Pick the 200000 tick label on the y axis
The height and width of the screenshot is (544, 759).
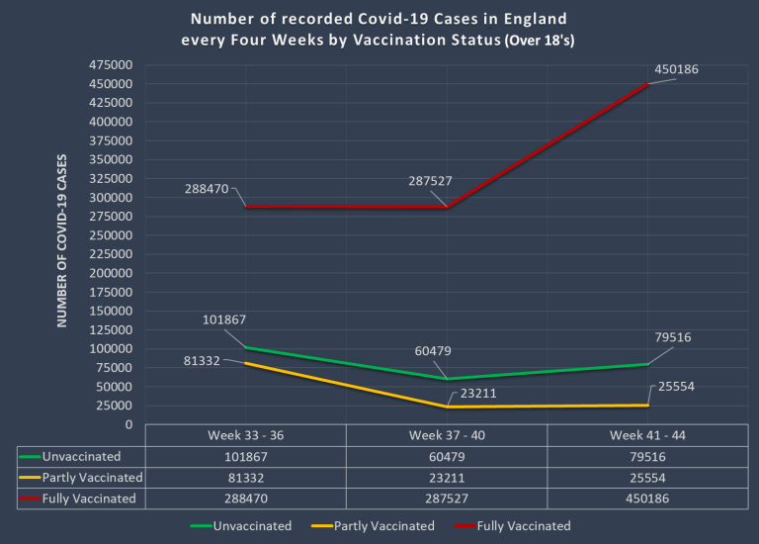(x=111, y=273)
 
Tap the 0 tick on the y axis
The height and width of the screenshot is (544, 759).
(x=128, y=424)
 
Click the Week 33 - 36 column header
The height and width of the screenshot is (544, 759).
(x=246, y=436)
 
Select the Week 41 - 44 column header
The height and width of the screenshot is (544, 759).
(x=647, y=436)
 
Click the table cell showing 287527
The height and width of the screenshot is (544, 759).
(x=447, y=499)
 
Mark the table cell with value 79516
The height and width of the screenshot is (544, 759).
(x=647, y=457)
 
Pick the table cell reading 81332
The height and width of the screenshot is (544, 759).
(x=246, y=478)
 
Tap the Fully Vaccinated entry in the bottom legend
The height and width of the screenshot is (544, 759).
(x=523, y=526)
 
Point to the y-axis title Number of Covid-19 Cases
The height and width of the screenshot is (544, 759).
(x=61, y=240)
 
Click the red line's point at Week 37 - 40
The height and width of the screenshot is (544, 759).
(x=447, y=207)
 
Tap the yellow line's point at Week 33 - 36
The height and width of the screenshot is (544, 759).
(x=246, y=363)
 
